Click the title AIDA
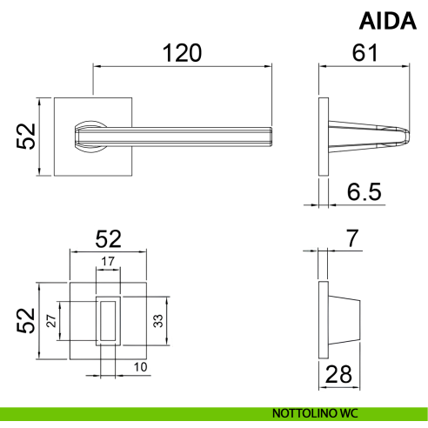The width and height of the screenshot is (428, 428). click(x=388, y=21)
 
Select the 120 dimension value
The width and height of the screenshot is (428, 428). click(x=182, y=53)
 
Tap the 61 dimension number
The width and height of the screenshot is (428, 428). click(x=364, y=53)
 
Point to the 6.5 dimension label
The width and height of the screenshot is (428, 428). click(x=364, y=191)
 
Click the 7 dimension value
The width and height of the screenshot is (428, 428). click(x=352, y=238)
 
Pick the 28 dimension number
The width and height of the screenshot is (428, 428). click(x=338, y=374)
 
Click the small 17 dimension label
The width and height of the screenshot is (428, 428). click(x=108, y=262)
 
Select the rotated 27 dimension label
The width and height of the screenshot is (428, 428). click(x=51, y=321)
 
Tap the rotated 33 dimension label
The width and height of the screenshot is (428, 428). click(x=158, y=321)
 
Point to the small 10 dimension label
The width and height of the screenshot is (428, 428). click(x=140, y=367)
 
